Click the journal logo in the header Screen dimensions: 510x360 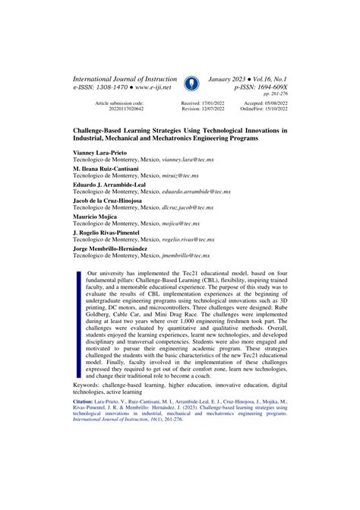coord(189,83)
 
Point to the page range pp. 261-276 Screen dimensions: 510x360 coord(274,97)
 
